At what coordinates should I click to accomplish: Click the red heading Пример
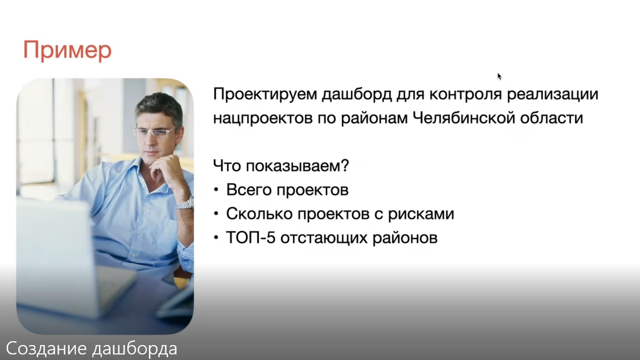click(x=67, y=51)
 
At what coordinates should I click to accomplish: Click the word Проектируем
click(x=266, y=94)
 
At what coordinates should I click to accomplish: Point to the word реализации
click(x=553, y=95)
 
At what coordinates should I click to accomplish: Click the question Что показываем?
click(x=281, y=166)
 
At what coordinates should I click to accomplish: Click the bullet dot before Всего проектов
click(x=216, y=190)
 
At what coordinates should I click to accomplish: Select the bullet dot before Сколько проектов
click(x=216, y=213)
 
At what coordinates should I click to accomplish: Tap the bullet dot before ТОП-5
click(x=216, y=238)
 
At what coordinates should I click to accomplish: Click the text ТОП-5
click(x=251, y=238)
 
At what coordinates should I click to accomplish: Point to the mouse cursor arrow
click(x=499, y=76)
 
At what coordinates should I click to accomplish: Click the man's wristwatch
click(x=185, y=204)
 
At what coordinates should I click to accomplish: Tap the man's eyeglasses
click(x=154, y=132)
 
